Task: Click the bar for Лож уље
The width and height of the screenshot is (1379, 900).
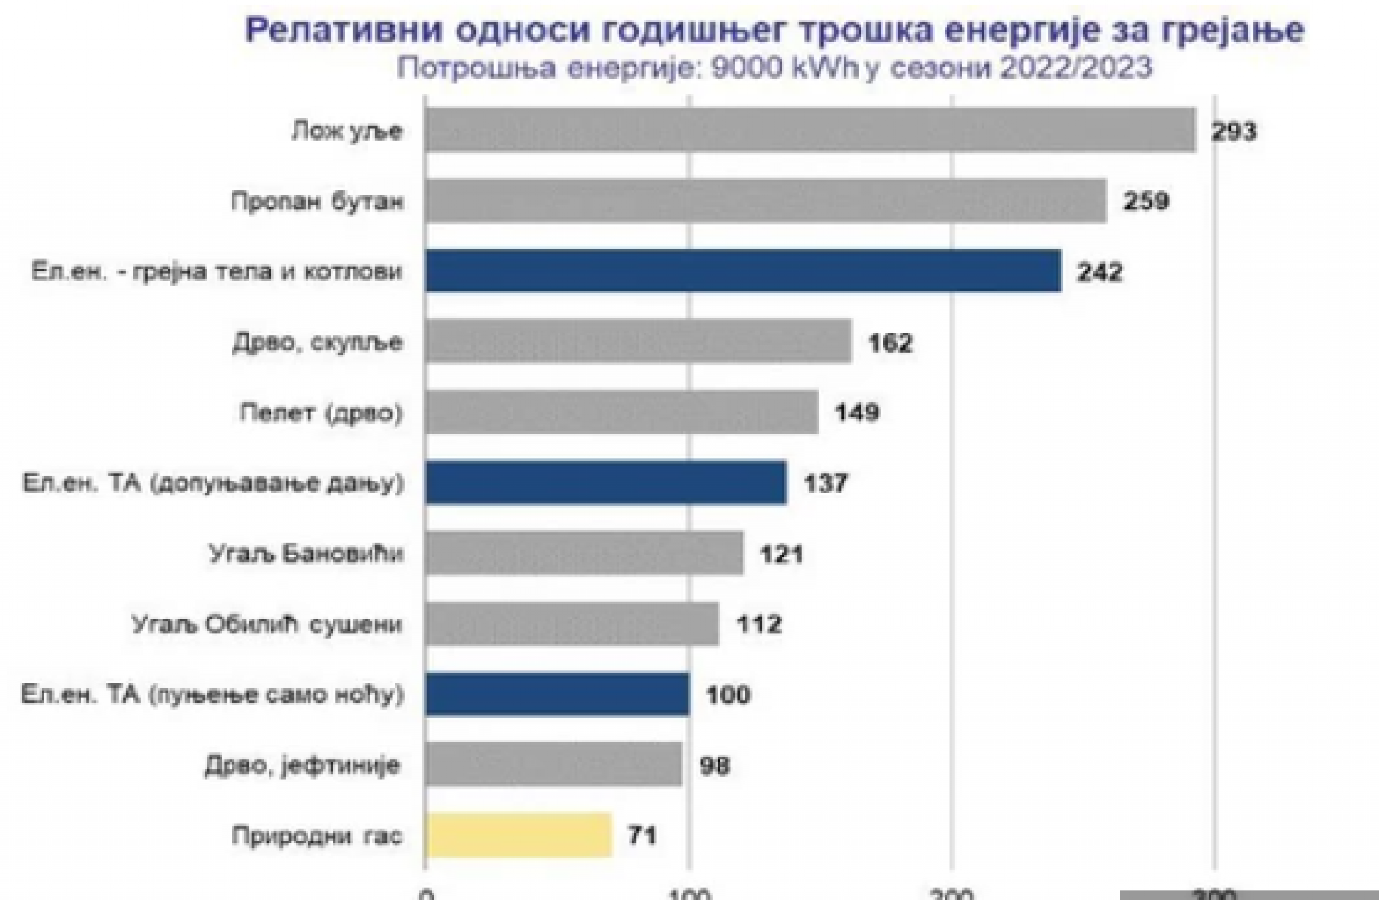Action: (810, 130)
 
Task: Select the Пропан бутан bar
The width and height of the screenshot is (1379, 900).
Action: (766, 201)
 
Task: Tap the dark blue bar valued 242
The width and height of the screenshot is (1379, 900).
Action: (743, 271)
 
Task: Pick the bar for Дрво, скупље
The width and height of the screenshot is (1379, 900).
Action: (638, 342)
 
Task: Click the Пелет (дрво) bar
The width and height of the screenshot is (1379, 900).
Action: (621, 412)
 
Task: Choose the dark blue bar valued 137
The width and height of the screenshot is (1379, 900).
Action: (606, 483)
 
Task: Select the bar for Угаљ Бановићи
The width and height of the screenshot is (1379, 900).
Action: (584, 553)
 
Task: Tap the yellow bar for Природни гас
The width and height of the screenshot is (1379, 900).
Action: (518, 835)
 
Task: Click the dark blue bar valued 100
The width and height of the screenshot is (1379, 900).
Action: (558, 694)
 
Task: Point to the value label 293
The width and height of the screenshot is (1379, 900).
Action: (1234, 131)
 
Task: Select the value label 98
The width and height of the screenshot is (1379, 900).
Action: (714, 765)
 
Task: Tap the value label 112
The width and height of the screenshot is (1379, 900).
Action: (760, 624)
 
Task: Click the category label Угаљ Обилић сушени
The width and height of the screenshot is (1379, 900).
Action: (267, 624)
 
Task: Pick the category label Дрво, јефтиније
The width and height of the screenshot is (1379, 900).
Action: (302, 765)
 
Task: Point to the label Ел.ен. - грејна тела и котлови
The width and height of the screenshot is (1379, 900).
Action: (217, 271)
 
